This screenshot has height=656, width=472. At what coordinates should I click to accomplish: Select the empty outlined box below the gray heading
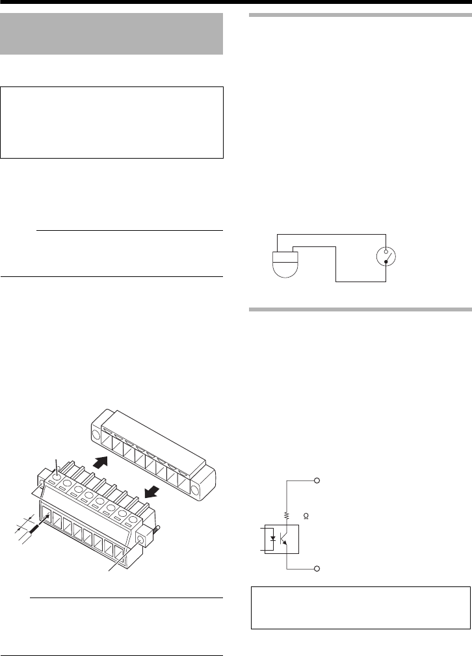tap(112, 122)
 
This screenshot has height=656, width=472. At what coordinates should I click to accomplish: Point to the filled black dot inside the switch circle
tap(387, 261)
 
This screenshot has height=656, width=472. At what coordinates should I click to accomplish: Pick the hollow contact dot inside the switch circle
tap(386, 250)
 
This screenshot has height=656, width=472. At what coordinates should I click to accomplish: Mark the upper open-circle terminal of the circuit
tap(318, 480)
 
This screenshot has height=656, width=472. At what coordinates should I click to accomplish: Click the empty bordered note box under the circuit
tap(360, 607)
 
